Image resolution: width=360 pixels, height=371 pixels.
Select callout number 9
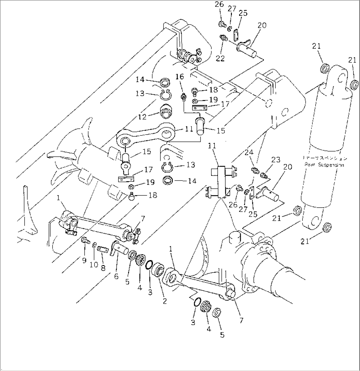[x=84, y=261]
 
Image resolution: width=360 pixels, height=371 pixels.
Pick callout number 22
[x=220, y=58]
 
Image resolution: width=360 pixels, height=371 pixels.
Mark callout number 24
[x=249, y=153]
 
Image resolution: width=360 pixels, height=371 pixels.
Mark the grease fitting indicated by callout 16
[x=183, y=98]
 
